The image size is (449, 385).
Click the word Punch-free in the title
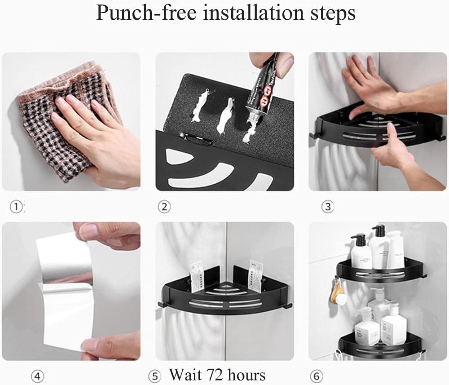pyautogui.click(x=145, y=13)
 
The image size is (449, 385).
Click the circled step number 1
pyautogui.click(x=16, y=207)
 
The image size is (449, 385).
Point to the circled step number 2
pyautogui.click(x=164, y=207)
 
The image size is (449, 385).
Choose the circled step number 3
pyautogui.click(x=327, y=207)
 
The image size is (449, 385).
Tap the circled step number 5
pyautogui.click(x=154, y=376)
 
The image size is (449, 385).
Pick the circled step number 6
pyautogui.click(x=317, y=376)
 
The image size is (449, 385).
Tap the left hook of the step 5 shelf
pyautogui.click(x=160, y=305)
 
